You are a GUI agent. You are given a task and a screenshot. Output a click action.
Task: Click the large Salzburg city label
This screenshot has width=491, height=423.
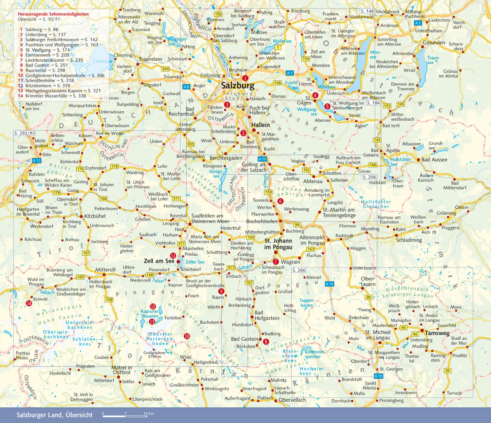237,86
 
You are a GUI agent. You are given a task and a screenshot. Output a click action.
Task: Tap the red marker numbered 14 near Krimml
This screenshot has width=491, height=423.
29,303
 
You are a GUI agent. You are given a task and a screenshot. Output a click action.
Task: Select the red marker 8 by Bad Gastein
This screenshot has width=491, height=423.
266,342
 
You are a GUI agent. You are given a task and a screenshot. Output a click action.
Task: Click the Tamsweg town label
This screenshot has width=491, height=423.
437,333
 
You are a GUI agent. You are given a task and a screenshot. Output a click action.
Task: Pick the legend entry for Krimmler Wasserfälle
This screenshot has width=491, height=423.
52,96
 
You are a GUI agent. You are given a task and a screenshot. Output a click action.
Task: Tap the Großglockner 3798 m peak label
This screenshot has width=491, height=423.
154,354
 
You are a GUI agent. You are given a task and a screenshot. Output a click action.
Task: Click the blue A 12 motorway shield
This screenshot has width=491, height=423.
37,161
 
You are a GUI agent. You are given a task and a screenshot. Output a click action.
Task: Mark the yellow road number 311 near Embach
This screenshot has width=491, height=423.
231,268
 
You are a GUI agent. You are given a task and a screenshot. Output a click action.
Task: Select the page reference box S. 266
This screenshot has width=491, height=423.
299,270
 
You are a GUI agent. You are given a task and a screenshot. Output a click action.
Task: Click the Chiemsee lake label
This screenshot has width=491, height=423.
102,61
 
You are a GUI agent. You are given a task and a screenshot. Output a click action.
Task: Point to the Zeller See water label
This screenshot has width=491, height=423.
195,262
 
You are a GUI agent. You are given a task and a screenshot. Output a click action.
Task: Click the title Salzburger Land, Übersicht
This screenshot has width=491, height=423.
55,415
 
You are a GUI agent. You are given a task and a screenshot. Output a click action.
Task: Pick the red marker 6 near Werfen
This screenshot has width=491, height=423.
280,201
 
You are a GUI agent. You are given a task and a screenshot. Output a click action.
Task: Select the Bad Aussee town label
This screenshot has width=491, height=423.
434,159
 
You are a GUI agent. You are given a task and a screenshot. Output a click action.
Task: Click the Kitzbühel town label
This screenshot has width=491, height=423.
95,216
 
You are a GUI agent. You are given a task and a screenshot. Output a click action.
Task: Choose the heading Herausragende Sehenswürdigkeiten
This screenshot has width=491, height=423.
53,14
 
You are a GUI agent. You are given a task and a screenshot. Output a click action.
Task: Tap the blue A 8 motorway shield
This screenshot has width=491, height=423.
186,87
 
